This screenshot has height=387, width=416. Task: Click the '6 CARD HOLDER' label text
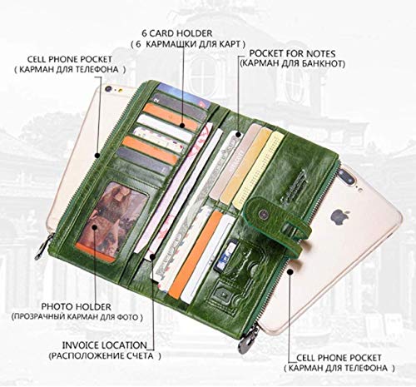177,33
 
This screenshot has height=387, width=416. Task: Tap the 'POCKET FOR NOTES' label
292,53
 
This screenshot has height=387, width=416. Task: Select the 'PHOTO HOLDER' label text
76,307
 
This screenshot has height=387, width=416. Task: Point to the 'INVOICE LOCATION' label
105,345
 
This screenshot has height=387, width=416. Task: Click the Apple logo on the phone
336,217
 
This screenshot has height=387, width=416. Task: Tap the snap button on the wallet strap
262,214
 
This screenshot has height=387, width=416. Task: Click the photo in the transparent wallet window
111,219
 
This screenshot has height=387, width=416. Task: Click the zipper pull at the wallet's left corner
44,246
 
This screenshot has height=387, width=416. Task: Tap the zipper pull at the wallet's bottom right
247,339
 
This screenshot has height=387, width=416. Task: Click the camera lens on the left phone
108,89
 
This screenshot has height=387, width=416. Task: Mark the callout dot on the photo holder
95,227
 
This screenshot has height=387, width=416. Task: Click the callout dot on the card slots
182,126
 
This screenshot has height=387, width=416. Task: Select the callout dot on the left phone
97,155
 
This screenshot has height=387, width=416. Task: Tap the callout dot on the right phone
290,271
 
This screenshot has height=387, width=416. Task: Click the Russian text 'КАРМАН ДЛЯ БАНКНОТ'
293,63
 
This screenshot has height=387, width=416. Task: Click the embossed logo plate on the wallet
294,185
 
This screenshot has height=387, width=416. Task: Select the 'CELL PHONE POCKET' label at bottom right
339,358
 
